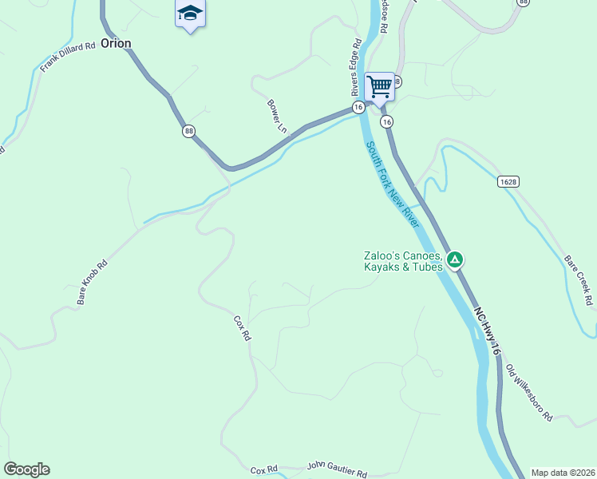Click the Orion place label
pos(115,44)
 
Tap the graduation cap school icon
pos(190,14)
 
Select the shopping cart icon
pos(379,85)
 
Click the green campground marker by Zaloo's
pos(455,259)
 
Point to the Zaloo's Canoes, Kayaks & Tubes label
pos(402,261)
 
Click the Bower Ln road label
pos(277,116)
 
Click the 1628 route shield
pos(508,182)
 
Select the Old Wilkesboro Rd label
pos(529,393)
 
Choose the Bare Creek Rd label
pos(579,281)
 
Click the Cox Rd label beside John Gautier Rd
pos(263,469)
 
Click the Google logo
pos(27,469)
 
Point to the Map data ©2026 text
pos(563,473)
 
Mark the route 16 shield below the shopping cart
pos(386,121)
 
